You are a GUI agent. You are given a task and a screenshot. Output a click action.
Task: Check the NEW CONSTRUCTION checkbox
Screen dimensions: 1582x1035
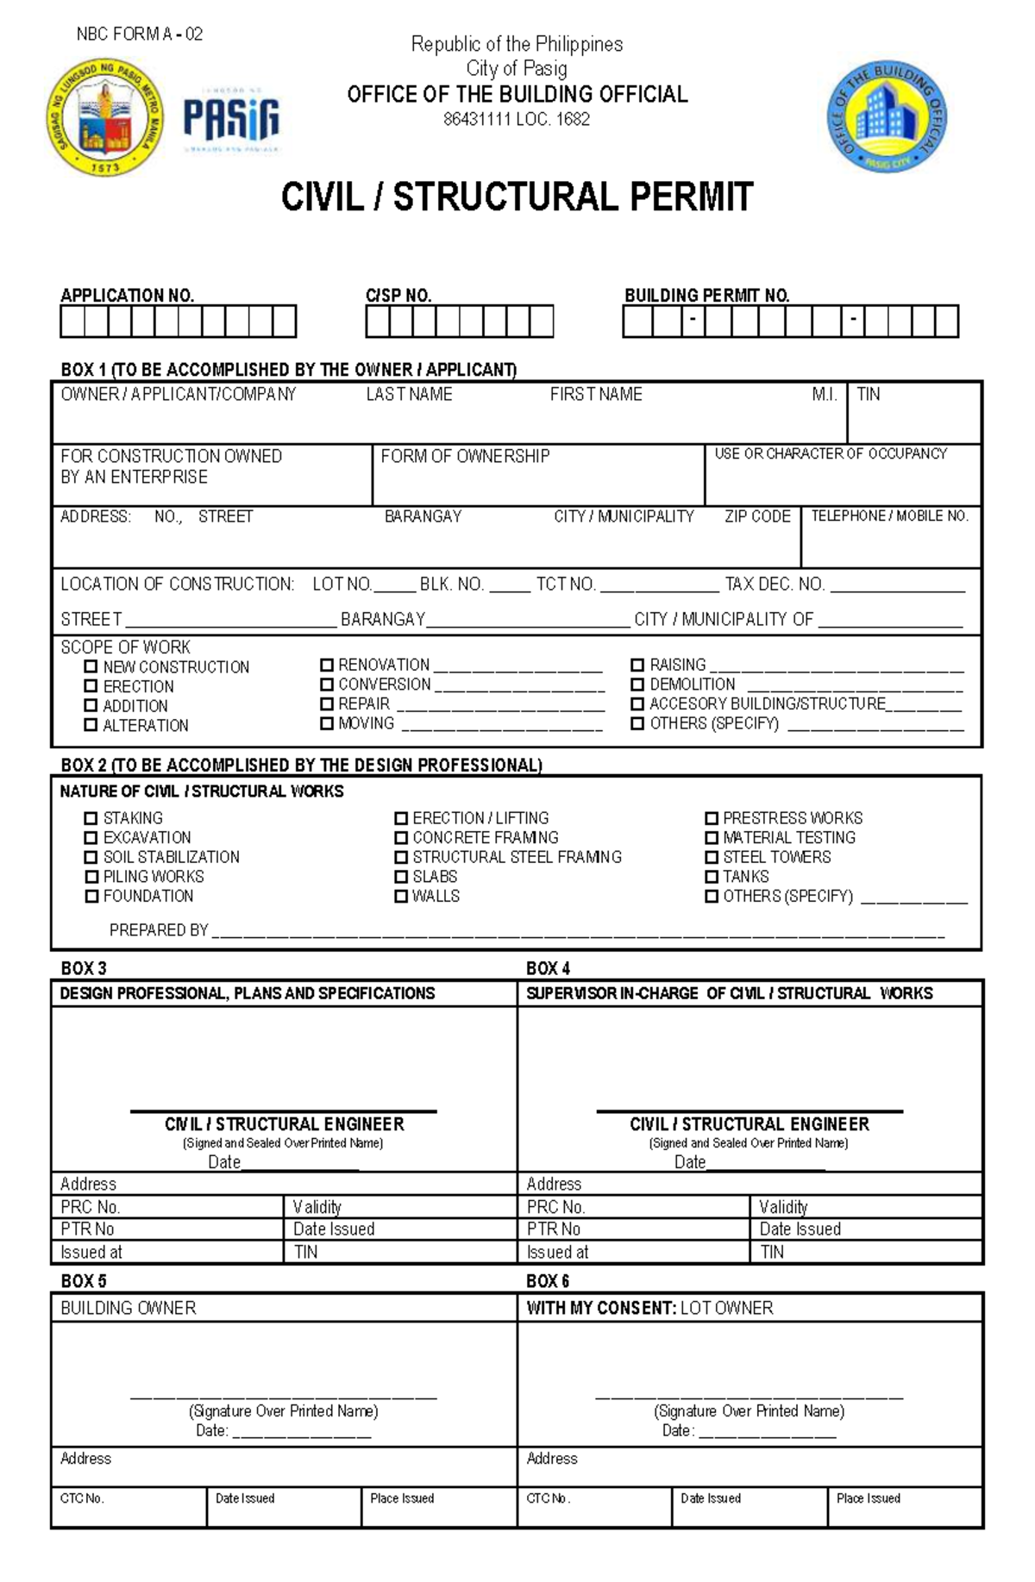pos(91,666)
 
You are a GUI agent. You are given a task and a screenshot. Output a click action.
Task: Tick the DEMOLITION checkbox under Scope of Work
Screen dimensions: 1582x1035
pos(637,685)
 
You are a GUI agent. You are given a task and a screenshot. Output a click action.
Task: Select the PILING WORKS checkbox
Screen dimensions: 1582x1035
pos(91,877)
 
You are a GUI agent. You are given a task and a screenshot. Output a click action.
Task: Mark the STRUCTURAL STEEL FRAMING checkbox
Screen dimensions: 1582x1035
pos(401,857)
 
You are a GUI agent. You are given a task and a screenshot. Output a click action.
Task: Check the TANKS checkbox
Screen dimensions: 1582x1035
pos(712,877)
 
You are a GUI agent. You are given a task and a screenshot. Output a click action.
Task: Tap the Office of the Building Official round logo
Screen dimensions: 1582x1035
pos(888,118)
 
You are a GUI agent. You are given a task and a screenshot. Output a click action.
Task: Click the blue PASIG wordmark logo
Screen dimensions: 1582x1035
pos(230,119)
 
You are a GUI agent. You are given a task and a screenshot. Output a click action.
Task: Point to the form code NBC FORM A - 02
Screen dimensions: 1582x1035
pos(140,34)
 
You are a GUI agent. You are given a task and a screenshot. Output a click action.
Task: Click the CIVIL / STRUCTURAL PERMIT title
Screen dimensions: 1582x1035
pos(517,197)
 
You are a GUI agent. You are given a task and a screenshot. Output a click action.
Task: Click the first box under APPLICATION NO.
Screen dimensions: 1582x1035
pos(72,322)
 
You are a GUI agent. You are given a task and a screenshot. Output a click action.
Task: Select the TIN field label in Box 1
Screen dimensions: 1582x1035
pos(868,395)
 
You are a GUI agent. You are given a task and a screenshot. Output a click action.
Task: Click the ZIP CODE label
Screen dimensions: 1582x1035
pos(757,516)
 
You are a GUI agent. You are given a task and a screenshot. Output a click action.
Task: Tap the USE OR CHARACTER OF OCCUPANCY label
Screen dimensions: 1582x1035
pos(831,454)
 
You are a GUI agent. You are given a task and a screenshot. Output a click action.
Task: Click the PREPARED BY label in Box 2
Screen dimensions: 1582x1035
pos(159,930)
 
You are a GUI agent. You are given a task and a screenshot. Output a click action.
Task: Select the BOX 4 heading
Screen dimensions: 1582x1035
pos(548,968)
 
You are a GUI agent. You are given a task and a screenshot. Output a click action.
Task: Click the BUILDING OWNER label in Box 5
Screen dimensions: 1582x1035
pos(129,1309)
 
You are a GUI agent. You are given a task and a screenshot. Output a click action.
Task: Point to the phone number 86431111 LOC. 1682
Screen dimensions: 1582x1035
pos(517,120)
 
